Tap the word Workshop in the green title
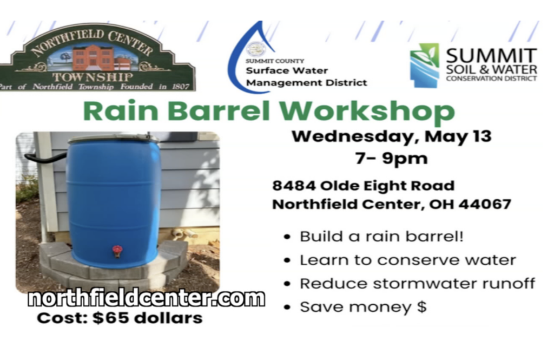point(367,112)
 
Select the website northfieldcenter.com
point(146,299)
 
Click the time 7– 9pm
point(392,159)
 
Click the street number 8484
point(293,186)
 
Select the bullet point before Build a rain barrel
point(287,237)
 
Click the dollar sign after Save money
point(421,306)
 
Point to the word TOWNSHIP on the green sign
point(93,77)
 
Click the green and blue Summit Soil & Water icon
point(424,66)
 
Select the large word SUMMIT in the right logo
point(491,56)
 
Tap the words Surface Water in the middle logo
point(287,71)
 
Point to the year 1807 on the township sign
point(181,86)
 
